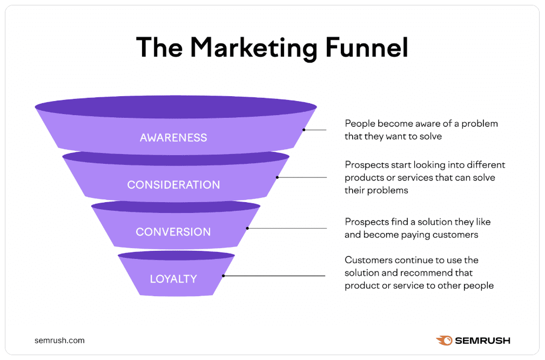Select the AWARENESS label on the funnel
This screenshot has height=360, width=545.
(173, 137)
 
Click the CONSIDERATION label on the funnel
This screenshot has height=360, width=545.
(173, 185)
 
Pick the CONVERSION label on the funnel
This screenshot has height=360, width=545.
(173, 232)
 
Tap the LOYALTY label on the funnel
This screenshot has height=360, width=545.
(173, 279)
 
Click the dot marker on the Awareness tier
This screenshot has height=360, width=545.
(304, 130)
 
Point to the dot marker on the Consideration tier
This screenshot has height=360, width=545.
(277, 177)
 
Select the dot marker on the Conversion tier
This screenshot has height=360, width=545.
(247, 228)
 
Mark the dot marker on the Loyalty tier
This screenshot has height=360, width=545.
(223, 276)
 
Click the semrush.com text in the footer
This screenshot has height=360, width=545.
(59, 341)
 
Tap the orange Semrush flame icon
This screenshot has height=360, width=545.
(444, 341)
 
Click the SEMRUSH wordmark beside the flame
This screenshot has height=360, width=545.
(482, 341)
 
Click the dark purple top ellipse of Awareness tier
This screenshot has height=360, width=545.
(176, 106)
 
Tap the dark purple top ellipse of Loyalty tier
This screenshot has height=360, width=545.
(176, 255)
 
